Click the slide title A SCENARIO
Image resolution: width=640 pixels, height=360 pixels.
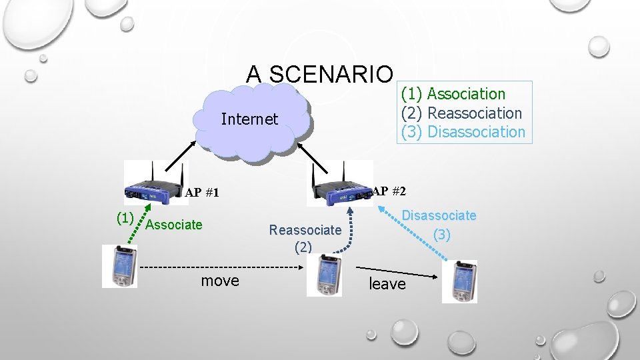[320, 73]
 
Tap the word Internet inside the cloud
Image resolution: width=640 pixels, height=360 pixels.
[249, 119]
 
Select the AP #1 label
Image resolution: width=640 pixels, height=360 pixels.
[202, 193]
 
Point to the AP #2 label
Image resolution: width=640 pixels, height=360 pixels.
[389, 191]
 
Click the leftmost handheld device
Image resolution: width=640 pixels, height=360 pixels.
[119, 266]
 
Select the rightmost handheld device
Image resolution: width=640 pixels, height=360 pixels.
[459, 281]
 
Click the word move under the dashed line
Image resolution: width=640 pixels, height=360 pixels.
[220, 281]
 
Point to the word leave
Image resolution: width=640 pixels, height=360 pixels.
[387, 284]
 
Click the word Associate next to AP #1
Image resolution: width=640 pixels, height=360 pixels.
[173, 225]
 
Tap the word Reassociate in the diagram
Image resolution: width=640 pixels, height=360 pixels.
[305, 230]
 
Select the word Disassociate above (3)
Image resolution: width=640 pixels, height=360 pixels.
[439, 215]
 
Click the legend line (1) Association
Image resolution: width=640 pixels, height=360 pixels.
[453, 94]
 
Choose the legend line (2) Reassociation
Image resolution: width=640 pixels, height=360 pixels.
[461, 113]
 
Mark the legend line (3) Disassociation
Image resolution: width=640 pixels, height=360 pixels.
[463, 131]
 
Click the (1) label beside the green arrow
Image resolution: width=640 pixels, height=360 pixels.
[125, 217]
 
